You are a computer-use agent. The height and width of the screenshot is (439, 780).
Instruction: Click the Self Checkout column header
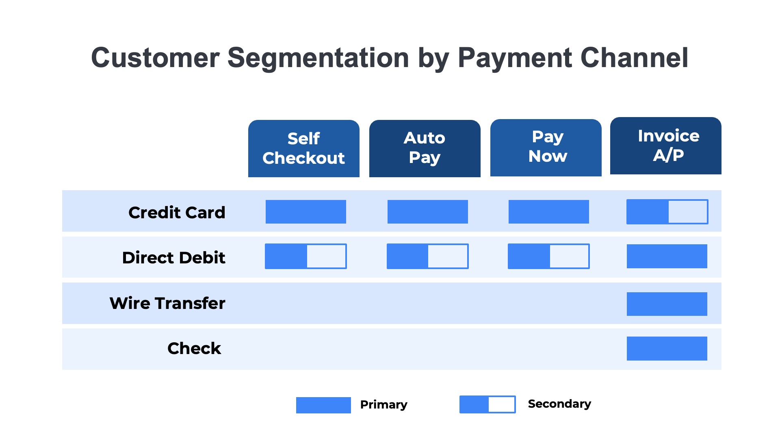pyautogui.click(x=303, y=148)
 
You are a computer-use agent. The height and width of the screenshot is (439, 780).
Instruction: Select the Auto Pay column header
pyautogui.click(x=425, y=148)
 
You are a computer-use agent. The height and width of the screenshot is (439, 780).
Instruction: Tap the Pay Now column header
pyautogui.click(x=546, y=148)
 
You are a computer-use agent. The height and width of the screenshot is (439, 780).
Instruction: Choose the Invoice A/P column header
pyautogui.click(x=665, y=146)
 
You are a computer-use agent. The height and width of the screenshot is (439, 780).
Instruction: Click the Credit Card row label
pyautogui.click(x=177, y=213)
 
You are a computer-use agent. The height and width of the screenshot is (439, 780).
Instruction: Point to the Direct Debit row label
pyautogui.click(x=173, y=258)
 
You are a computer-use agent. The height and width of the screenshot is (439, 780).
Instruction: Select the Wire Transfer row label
pyautogui.click(x=167, y=303)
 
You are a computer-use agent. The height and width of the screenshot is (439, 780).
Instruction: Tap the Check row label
pyautogui.click(x=194, y=348)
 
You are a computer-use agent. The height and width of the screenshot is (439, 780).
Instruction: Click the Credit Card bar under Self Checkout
pyautogui.click(x=305, y=212)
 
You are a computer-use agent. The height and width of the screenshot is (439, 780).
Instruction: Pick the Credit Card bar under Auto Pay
pyautogui.click(x=427, y=212)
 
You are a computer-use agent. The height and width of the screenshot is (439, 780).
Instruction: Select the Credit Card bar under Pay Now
pyautogui.click(x=548, y=212)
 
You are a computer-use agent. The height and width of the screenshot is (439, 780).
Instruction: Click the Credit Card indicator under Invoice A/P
pyautogui.click(x=667, y=212)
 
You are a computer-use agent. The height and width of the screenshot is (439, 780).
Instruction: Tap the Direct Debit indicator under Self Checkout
pyautogui.click(x=305, y=256)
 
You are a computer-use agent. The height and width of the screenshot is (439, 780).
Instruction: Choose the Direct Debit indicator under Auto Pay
pyautogui.click(x=427, y=256)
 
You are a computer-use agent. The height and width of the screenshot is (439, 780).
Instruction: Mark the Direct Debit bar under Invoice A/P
pyautogui.click(x=667, y=256)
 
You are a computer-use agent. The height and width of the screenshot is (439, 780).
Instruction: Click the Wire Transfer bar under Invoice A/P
pyautogui.click(x=667, y=304)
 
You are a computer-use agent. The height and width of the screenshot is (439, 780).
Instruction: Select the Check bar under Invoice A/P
pyautogui.click(x=667, y=348)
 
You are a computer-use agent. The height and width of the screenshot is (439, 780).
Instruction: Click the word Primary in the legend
pyautogui.click(x=383, y=404)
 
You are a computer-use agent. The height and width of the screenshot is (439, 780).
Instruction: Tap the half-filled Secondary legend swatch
pyautogui.click(x=487, y=404)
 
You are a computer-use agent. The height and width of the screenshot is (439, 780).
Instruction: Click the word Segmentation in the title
pyautogui.click(x=318, y=58)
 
